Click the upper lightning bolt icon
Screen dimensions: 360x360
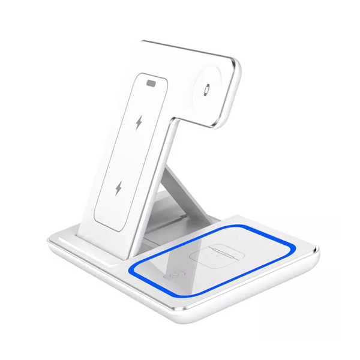(139, 123)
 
